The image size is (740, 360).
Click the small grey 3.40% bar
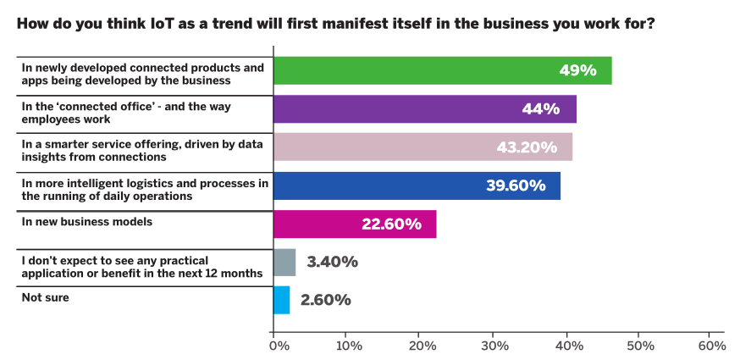(284, 262)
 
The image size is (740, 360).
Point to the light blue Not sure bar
(281, 300)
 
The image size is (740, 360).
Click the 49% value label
(577, 70)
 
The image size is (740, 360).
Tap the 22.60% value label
(391, 224)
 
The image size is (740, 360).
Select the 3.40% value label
(331, 262)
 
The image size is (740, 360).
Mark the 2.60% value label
(325, 300)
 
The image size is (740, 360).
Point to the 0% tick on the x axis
(276, 346)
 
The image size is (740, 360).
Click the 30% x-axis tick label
(494, 346)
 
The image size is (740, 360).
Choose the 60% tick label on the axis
(711, 346)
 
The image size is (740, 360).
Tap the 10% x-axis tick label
(348, 346)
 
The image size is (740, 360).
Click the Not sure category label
(45, 297)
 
